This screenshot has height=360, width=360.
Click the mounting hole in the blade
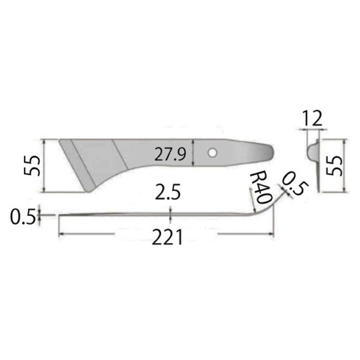(x=212, y=153)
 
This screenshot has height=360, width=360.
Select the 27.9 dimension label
(x=169, y=154)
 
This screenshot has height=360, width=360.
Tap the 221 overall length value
(x=167, y=238)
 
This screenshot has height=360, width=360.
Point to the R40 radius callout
(x=259, y=185)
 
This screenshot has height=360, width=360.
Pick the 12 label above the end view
(x=313, y=118)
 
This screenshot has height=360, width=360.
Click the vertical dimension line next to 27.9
(x=192, y=154)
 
